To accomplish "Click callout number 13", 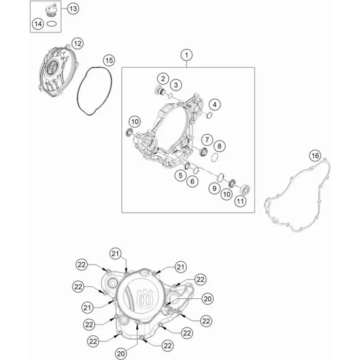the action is pyautogui.click(x=73, y=9).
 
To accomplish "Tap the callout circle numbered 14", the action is pyautogui.click(x=38, y=24).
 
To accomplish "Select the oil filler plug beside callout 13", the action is pyautogui.click(x=51, y=11).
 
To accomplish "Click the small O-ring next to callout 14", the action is pyautogui.click(x=51, y=24).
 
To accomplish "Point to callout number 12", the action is pyautogui.click(x=77, y=43).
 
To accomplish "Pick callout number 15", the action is pyautogui.click(x=109, y=60).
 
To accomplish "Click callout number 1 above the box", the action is pyautogui.click(x=186, y=55).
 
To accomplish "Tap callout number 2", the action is pyautogui.click(x=163, y=79).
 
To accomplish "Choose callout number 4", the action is pyautogui.click(x=214, y=104).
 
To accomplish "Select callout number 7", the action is pyautogui.click(x=207, y=139).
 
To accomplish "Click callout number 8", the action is pyautogui.click(x=219, y=146).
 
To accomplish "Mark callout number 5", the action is pyautogui.click(x=181, y=175).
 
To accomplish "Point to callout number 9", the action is pyautogui.click(x=214, y=188).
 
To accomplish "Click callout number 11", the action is pyautogui.click(x=240, y=202).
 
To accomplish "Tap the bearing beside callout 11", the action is pyautogui.click(x=244, y=190).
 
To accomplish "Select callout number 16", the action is pyautogui.click(x=315, y=156).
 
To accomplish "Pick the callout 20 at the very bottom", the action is pyautogui.click(x=121, y=354).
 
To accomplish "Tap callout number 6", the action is pyautogui.click(x=192, y=182).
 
